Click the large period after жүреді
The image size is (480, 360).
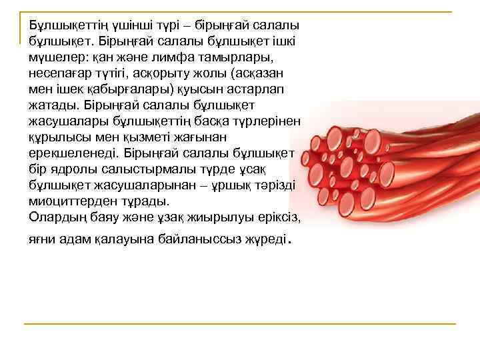point(288,239)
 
